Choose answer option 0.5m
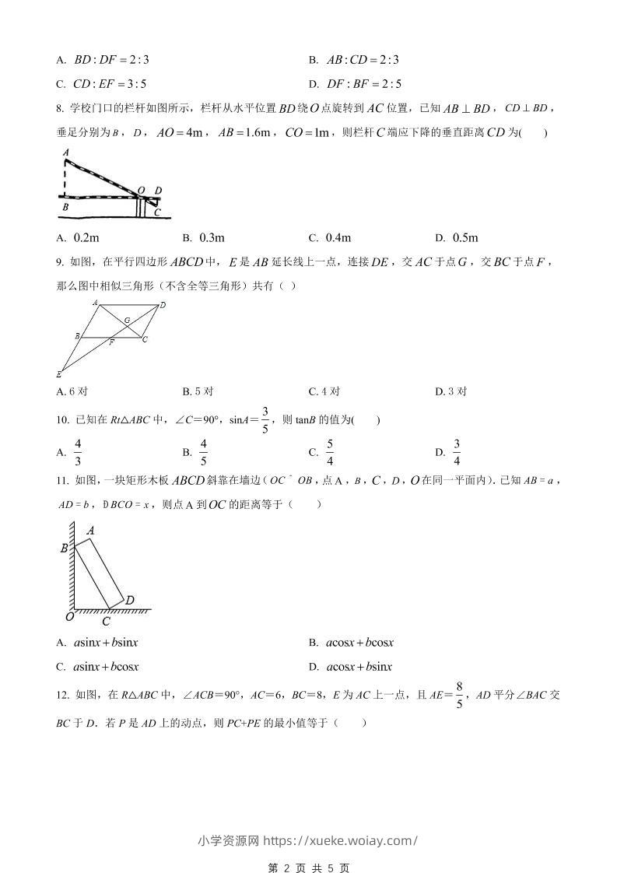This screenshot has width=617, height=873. point(465,237)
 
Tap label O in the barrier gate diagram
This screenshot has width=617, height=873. point(141,190)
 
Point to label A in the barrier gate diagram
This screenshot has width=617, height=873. point(66,153)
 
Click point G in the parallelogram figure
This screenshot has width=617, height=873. point(127,320)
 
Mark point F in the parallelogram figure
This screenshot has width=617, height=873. point(111,342)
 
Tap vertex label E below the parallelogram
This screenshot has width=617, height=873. point(59,374)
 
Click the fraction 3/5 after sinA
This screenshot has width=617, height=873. point(265,420)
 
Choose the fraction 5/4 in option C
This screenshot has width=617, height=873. point(329,452)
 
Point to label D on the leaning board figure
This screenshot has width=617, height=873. point(130,600)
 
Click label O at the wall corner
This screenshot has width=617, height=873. point(69,616)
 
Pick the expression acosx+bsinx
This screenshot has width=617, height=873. point(359,667)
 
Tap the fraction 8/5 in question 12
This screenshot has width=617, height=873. point(460,695)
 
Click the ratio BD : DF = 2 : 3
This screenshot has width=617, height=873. point(110,59)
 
